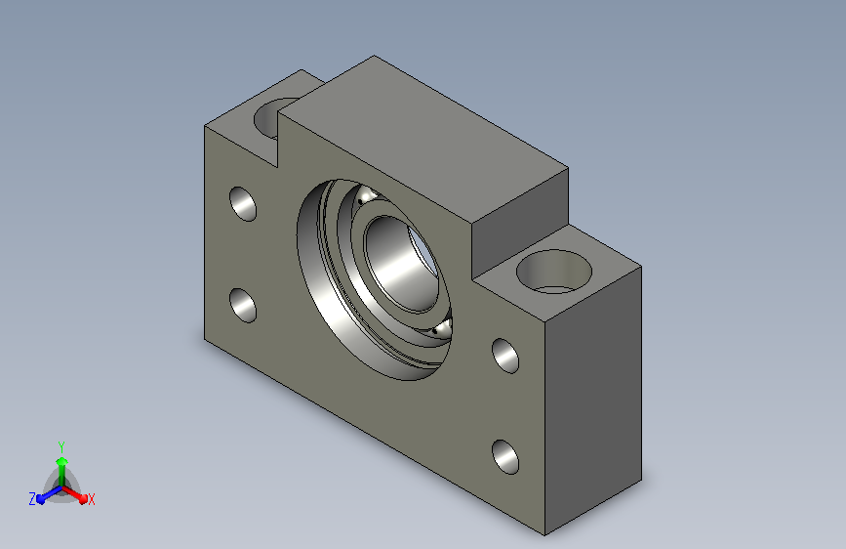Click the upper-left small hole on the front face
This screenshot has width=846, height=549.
pyautogui.click(x=243, y=204)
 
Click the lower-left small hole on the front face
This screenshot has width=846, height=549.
pyautogui.click(x=243, y=306)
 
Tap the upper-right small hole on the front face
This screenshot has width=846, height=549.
pyautogui.click(x=505, y=356)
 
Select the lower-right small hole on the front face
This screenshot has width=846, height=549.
pyautogui.click(x=505, y=457)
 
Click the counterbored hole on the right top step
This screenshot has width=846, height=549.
pyautogui.click(x=553, y=272)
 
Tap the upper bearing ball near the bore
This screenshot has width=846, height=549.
pyautogui.click(x=369, y=194)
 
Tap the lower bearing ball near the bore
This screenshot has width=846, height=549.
pyautogui.click(x=442, y=327)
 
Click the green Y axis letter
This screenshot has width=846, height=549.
pyautogui.click(x=61, y=446)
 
